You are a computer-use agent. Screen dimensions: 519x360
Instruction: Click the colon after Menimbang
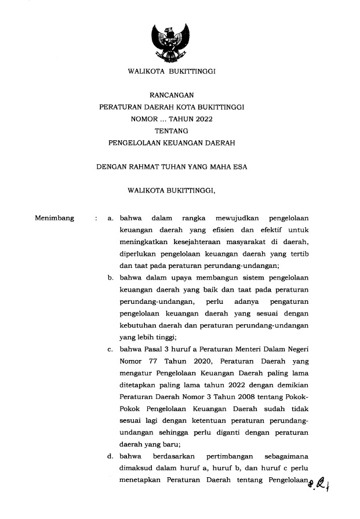coord(95,219)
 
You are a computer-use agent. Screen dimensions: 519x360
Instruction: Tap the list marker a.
coord(110,219)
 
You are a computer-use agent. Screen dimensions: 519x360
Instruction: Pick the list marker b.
coord(110,278)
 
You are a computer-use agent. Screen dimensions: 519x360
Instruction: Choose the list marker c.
coord(110,350)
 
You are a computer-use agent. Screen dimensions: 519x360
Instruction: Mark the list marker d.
coord(110,456)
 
